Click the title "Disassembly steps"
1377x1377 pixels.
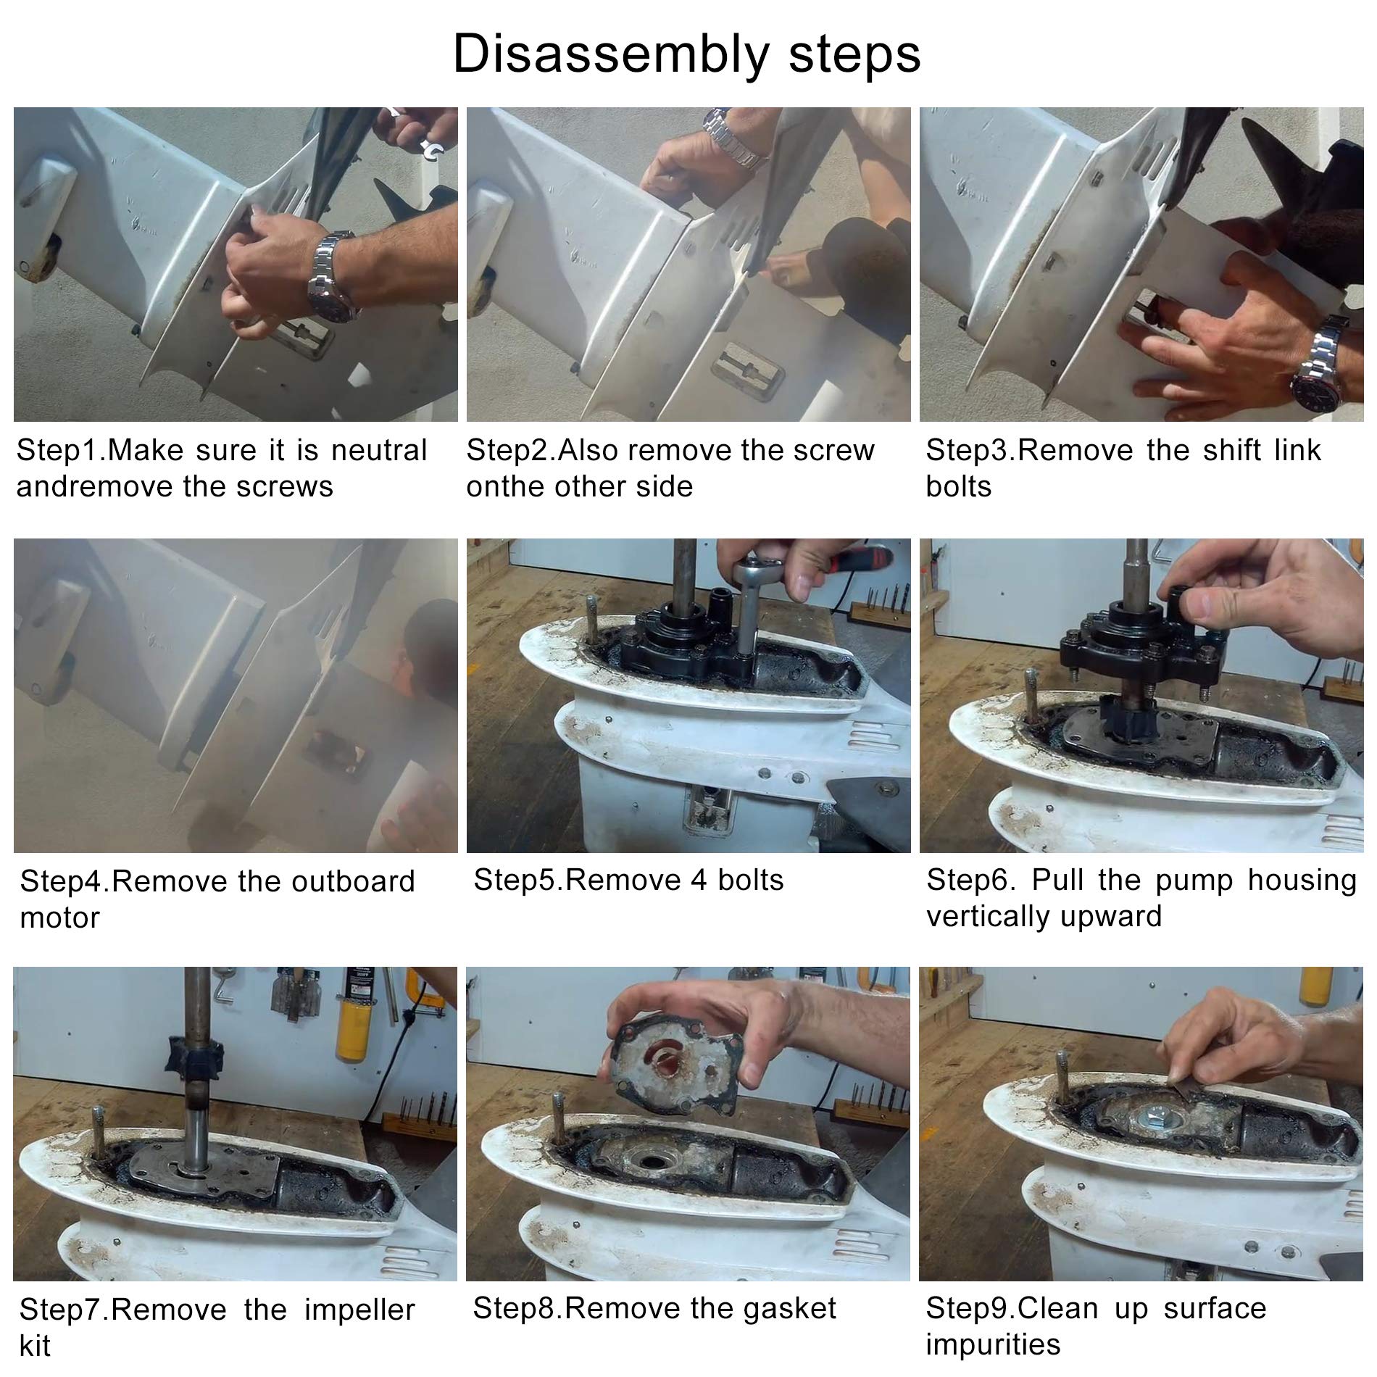[x=686, y=54]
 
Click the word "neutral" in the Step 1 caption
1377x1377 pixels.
[x=379, y=450]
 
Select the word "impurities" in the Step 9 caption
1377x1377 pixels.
[x=993, y=1344]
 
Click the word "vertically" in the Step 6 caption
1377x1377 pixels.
[x=988, y=916]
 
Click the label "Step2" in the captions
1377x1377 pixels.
[x=509, y=452]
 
